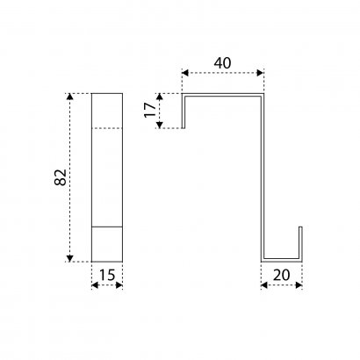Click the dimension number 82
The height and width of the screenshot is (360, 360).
pos(61,177)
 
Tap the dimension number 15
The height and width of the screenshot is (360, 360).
pos(107,275)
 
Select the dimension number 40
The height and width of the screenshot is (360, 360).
pos(222,63)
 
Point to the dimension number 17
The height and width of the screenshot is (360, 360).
pos(150,110)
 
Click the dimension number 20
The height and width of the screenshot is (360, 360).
pos(281,275)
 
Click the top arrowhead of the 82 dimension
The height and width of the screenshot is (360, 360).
pos(69,97)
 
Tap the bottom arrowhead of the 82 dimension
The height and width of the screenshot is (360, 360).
pos(69,258)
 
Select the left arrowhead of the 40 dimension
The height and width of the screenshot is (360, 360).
pos(185,73)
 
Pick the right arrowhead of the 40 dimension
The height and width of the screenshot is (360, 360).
pos(260,73)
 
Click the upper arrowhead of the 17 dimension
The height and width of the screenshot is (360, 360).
pos(159,97)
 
